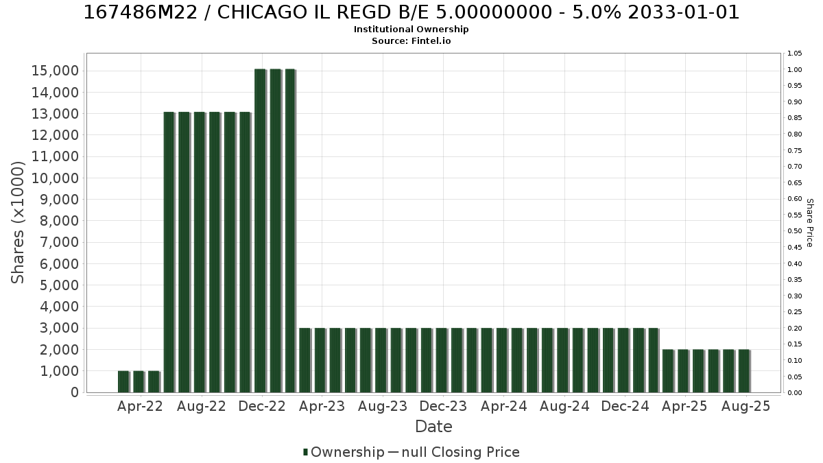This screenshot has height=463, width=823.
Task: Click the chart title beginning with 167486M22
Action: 411,12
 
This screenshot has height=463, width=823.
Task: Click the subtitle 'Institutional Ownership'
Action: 411,29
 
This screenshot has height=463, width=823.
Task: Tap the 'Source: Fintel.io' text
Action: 411,40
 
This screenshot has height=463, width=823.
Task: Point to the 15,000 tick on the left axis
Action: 55,71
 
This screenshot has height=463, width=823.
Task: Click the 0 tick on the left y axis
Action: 75,392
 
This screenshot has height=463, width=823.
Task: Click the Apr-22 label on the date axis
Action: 140,406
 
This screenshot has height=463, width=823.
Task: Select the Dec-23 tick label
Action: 443,406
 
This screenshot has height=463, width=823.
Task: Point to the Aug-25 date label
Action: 746,406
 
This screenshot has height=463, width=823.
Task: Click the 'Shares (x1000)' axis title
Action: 18,223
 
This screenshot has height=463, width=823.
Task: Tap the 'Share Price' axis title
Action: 810,223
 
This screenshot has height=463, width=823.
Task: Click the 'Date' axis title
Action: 433,427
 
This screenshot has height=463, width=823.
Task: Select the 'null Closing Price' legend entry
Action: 454,452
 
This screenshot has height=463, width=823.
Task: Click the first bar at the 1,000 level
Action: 124,382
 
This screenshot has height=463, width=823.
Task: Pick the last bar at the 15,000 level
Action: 290,230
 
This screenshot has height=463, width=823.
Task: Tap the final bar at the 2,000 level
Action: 744,371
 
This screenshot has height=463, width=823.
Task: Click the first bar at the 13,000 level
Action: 169,252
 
